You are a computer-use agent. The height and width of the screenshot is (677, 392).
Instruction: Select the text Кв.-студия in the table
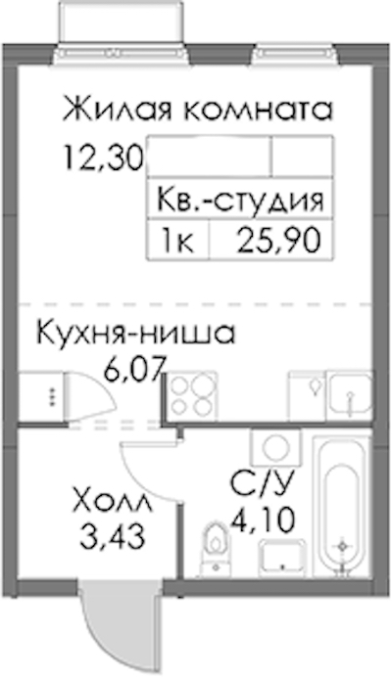pos(240,201)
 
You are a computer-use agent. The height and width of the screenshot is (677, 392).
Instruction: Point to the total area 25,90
pos(280,241)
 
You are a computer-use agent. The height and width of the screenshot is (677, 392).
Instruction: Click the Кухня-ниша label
pos(136,333)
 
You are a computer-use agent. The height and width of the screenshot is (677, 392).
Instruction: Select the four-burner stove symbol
pos(192,396)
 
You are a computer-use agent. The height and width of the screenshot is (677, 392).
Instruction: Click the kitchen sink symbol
pos(350,395)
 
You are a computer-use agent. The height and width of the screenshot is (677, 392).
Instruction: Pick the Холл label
pos(113,501)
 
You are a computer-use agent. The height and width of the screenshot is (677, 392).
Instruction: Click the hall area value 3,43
pos(112,536)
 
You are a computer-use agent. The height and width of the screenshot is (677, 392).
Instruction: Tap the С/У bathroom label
pos(263,484)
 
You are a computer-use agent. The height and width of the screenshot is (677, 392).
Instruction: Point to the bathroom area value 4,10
pos(263,519)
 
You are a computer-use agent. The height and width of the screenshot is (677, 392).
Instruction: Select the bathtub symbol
pos(342,506)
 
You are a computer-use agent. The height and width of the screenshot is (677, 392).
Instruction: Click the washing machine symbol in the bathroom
pos(275,447)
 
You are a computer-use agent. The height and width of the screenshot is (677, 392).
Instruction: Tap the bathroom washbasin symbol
pos(282,559)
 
